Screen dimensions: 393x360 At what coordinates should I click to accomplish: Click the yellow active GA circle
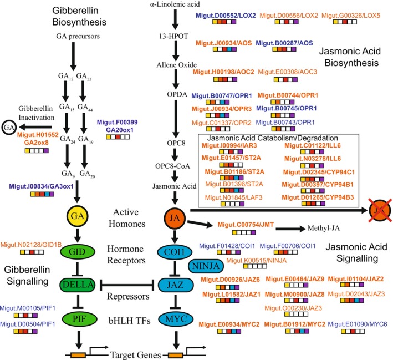77,216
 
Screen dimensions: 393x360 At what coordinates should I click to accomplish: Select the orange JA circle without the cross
175,218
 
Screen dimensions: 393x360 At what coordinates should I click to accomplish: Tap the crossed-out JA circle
380,210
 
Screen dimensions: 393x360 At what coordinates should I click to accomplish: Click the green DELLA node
78,285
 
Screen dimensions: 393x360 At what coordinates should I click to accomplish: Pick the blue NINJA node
206,266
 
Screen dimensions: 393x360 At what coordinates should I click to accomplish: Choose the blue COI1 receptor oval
175,252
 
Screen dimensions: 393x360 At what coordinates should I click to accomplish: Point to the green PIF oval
79,319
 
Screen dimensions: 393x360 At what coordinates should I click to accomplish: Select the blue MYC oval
176,319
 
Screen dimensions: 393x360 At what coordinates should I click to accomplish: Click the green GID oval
78,252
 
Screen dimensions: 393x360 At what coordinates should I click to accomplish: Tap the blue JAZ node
176,285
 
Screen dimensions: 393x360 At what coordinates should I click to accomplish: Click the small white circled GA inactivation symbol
9,128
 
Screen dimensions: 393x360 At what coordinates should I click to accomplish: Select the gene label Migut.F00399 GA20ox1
118,126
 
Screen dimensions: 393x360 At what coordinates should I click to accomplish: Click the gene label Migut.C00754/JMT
246,225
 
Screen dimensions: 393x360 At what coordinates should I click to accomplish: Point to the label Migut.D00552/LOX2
226,16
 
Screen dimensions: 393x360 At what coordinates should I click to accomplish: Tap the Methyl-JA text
324,228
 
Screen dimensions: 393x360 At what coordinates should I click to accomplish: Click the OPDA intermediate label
177,94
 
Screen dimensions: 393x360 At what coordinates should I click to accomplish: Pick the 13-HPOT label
173,36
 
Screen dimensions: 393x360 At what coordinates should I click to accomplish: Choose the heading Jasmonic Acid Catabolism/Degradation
273,138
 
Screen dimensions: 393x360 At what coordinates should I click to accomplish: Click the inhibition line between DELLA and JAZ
127,285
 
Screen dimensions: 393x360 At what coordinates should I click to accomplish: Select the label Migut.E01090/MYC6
358,324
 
